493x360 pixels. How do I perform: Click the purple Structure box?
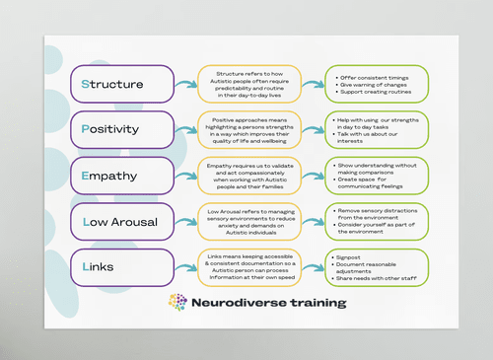pos(121,84)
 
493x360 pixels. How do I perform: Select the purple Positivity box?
pos(121,129)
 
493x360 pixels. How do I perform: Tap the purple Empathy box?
pos(121,175)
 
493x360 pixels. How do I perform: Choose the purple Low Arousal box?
pos(121,221)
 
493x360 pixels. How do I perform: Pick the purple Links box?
pos(121,266)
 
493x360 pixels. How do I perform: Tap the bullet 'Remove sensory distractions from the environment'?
pos(380,212)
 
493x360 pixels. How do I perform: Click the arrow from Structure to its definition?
pos(185,84)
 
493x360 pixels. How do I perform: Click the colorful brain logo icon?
pos(177,302)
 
